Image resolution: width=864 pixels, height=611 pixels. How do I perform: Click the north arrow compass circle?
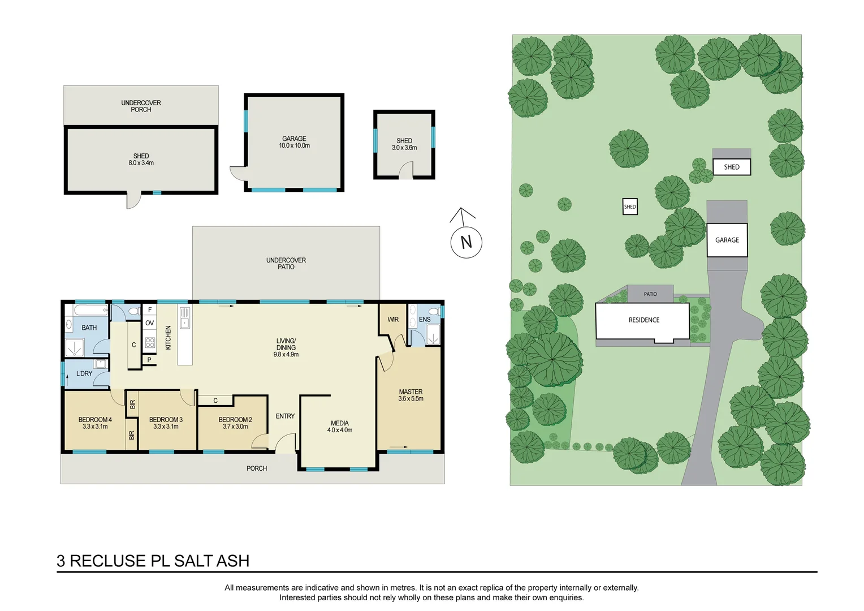point(466,242)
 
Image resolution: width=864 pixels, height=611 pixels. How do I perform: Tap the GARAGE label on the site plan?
point(727,240)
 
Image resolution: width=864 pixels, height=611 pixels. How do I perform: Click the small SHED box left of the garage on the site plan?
point(630,206)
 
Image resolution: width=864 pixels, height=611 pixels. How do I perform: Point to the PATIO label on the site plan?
point(650,294)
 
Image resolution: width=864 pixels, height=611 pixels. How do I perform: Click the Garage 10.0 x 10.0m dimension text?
point(294,146)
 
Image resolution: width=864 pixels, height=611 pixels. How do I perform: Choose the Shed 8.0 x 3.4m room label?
point(141,160)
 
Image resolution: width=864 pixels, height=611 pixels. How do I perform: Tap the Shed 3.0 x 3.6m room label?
point(404,144)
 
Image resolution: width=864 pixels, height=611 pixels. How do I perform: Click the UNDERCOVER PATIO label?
point(286,264)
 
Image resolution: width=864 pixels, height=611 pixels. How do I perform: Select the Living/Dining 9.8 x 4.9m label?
point(286,348)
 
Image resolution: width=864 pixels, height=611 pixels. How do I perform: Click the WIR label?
point(393,320)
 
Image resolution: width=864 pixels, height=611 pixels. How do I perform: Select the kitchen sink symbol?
point(185,318)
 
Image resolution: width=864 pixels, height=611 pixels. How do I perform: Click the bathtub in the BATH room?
point(90,310)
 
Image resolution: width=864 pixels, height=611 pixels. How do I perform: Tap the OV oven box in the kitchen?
point(149,323)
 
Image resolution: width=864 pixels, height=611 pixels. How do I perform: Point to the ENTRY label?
point(285,416)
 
